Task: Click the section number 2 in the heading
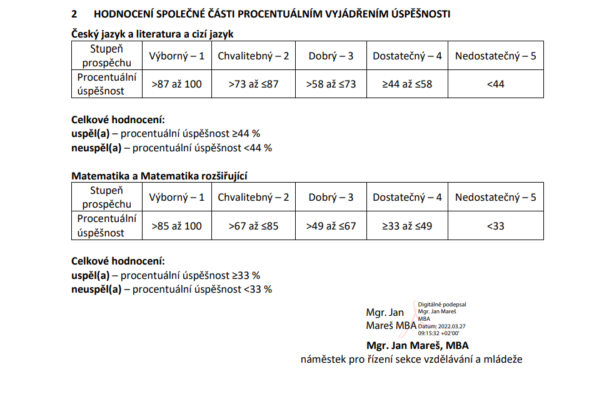pyautogui.click(x=74, y=14)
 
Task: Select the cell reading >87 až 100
pyautogui.click(x=177, y=84)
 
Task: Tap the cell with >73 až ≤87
pyautogui.click(x=253, y=84)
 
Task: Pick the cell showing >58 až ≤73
pyautogui.click(x=331, y=84)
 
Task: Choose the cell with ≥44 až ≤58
pyautogui.click(x=407, y=84)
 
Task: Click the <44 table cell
pyautogui.click(x=495, y=84)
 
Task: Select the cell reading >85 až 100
pyautogui.click(x=177, y=226)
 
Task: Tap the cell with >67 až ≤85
pyautogui.click(x=253, y=226)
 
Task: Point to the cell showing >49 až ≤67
pyautogui.click(x=331, y=226)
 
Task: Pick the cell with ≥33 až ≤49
pyautogui.click(x=407, y=226)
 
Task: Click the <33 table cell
pyautogui.click(x=495, y=226)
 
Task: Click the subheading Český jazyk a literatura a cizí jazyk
pyautogui.click(x=153, y=34)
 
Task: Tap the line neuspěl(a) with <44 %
pyautogui.click(x=172, y=148)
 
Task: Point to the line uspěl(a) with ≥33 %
pyautogui.click(x=166, y=275)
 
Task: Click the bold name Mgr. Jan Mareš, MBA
pyautogui.click(x=417, y=345)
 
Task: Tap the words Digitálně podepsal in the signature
pyautogui.click(x=442, y=305)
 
